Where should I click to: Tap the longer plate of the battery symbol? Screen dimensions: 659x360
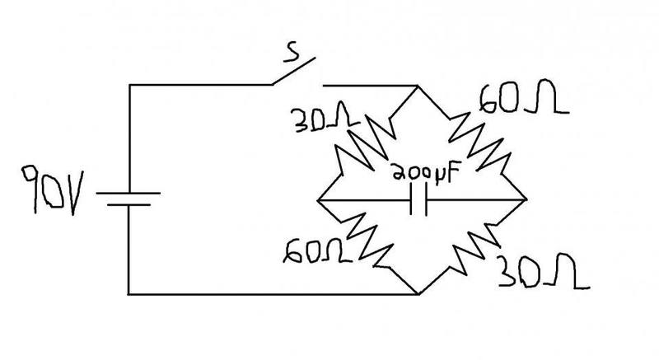point(129,194)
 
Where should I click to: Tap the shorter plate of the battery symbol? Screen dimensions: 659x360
point(129,205)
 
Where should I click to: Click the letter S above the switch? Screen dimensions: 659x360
point(292,53)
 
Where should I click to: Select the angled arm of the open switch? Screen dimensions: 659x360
point(293,71)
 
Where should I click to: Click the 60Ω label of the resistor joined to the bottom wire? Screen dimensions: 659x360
point(317,251)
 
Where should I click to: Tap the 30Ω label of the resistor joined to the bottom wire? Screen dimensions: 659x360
point(543,271)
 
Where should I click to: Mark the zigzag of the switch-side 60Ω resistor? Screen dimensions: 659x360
point(481,143)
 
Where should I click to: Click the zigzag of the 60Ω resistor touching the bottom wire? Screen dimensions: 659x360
point(369,241)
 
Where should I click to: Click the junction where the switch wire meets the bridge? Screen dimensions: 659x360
point(418,86)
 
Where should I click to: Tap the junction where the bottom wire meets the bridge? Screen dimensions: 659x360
point(418,294)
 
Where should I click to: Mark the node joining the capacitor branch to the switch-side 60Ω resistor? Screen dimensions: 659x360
point(526,200)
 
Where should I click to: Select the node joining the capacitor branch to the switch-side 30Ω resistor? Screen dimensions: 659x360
point(318,200)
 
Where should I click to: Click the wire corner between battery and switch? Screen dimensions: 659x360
point(129,86)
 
